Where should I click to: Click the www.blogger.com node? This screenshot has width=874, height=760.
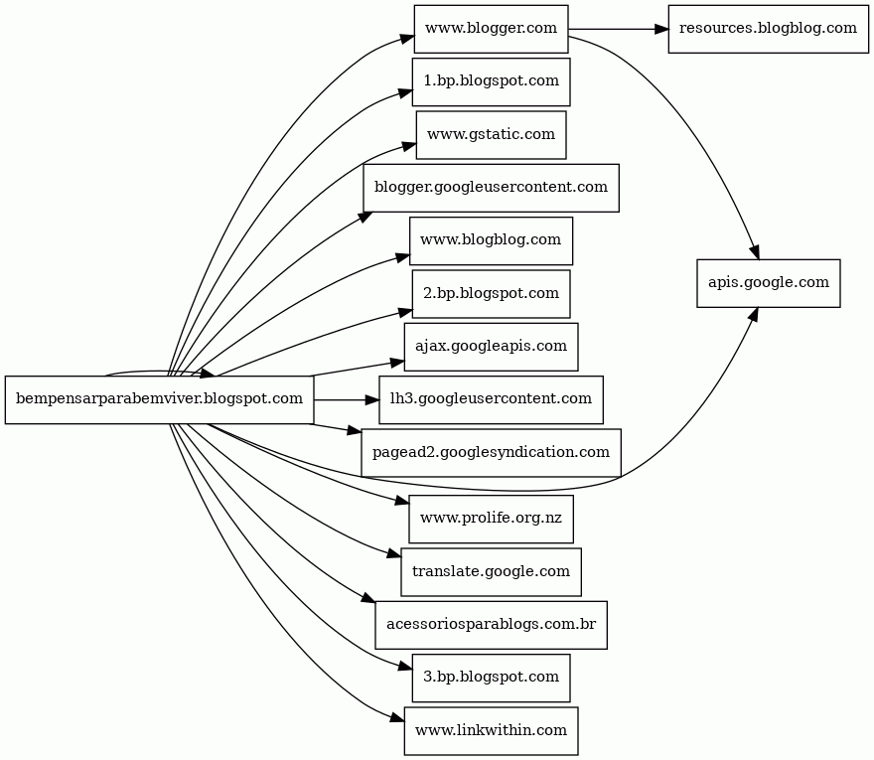coord(491,29)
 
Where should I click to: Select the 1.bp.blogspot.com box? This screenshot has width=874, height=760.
coord(491,81)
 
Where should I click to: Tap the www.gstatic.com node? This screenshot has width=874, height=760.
coord(491,135)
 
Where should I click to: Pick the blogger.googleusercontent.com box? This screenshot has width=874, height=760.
coord(491,188)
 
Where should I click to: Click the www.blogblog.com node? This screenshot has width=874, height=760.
coord(491,240)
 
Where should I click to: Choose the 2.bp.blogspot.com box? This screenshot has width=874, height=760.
coord(491,294)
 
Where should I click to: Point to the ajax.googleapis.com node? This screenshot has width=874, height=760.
coord(491,347)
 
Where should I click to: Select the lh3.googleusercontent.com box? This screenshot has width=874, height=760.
coord(491,399)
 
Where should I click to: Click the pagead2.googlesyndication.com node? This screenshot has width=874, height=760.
coord(491,453)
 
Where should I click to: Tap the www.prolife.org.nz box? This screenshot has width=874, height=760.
coord(491,519)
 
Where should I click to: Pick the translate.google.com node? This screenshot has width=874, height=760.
coord(491,572)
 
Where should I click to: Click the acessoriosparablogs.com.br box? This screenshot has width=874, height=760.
coord(491,625)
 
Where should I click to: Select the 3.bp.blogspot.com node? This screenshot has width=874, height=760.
coord(491,678)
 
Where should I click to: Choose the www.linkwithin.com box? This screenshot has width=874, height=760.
coord(491,731)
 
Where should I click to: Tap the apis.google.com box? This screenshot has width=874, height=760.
coord(768,283)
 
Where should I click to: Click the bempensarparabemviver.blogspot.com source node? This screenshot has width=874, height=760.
coord(160,399)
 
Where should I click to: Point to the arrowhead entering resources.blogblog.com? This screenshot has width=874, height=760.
coord(660,29)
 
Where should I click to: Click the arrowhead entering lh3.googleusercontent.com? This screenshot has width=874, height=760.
coord(371,399)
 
